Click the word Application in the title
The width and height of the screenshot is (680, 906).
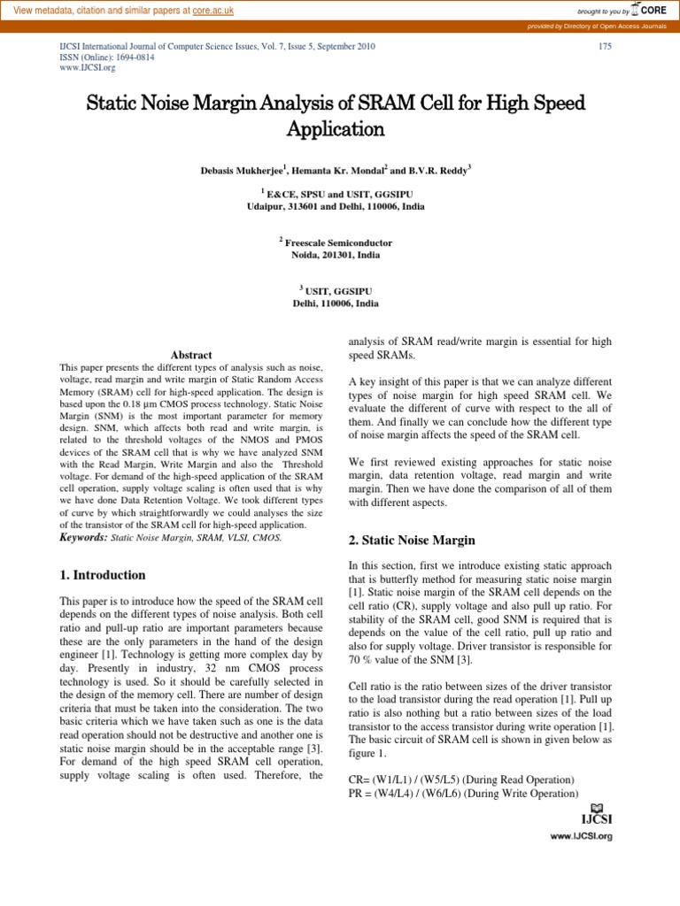coord(336,129)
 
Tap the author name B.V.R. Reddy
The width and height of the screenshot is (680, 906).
coord(442,167)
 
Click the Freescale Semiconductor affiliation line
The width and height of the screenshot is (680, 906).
coord(339,242)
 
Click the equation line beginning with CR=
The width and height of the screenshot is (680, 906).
coord(461,779)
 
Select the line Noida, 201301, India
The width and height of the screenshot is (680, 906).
coord(336,254)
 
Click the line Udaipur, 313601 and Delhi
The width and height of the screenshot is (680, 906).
coord(336,205)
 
